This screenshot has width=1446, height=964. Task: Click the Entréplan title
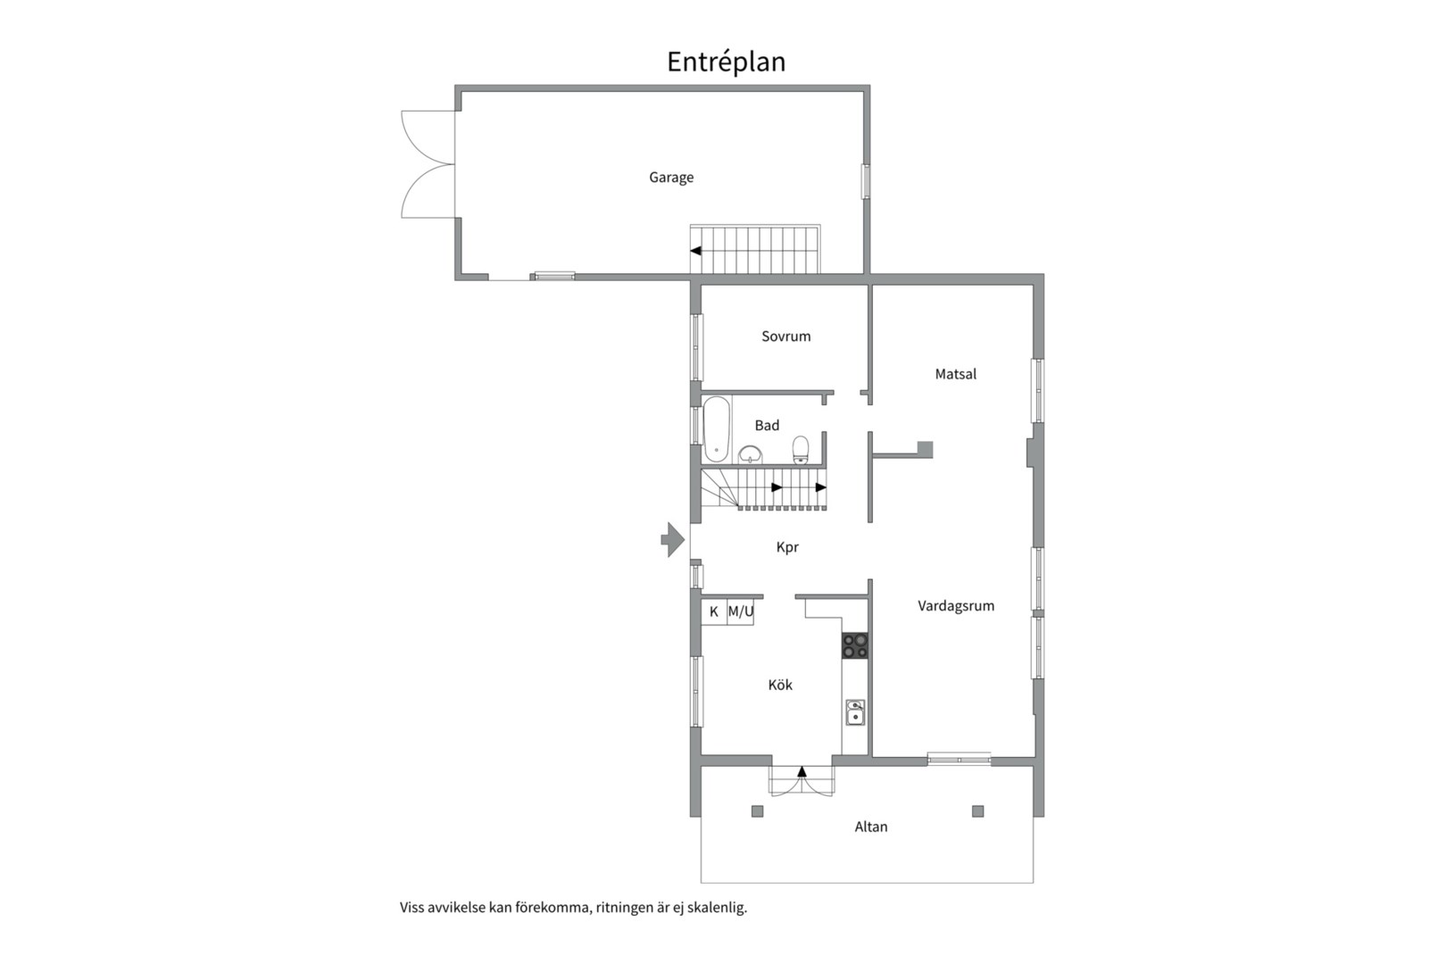click(x=726, y=62)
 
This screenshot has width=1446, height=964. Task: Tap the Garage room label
click(x=671, y=178)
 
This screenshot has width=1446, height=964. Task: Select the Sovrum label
click(x=785, y=336)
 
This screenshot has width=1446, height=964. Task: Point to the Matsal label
click(x=955, y=374)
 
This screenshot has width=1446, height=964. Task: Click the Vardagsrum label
click(x=956, y=606)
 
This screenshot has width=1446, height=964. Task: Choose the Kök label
click(x=780, y=685)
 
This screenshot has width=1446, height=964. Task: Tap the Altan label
click(x=871, y=827)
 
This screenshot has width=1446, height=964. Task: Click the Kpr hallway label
click(x=787, y=547)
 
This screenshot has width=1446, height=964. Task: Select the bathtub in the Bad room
click(x=716, y=428)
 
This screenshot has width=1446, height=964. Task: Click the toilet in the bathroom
click(x=801, y=449)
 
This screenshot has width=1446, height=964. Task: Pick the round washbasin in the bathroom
click(x=750, y=454)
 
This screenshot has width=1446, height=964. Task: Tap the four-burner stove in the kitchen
click(x=855, y=645)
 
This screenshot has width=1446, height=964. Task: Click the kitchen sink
click(x=855, y=713)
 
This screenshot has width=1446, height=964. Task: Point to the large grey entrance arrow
click(x=672, y=539)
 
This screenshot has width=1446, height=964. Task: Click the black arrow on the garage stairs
click(x=695, y=251)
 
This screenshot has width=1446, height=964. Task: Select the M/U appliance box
click(x=741, y=611)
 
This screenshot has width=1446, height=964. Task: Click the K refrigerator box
click(x=714, y=611)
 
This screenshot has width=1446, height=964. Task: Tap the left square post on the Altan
click(x=757, y=811)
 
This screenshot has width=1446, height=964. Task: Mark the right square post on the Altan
click(x=978, y=811)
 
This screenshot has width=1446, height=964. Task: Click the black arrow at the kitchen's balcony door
click(x=802, y=771)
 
